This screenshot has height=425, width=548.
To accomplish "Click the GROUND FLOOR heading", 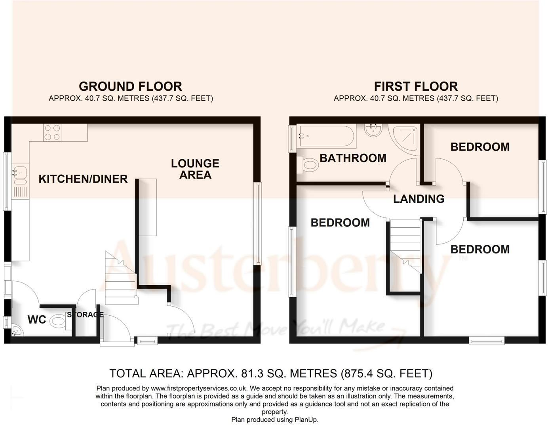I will point(130,86).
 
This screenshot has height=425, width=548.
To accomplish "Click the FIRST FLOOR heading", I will point(416,86).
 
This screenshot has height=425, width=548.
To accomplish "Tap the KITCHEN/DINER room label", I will point(83,179).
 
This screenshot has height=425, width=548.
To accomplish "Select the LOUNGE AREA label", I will point(195,169).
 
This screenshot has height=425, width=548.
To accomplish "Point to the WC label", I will point(37,320).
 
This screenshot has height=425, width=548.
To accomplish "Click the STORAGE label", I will point(85,314).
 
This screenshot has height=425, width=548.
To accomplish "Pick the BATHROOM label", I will point(353,158).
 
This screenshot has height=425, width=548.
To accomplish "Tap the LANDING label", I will point(419,199).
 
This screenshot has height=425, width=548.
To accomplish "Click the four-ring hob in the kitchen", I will point(52,133).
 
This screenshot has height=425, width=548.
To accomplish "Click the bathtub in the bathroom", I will point(325,136).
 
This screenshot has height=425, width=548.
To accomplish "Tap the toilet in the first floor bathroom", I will point(308,164).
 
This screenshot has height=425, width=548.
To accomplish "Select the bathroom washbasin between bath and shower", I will point(373,130).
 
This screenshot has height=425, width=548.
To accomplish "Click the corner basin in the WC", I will point(17,331).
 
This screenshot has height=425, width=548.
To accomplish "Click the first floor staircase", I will point(405,246).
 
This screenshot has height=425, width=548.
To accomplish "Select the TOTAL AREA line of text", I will point(271,373).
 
